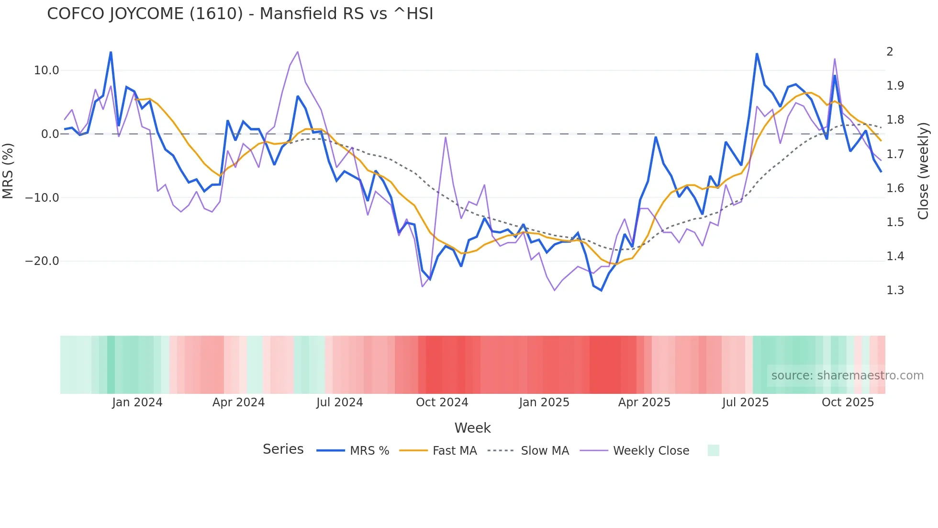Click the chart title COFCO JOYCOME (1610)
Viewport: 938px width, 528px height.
tap(240, 14)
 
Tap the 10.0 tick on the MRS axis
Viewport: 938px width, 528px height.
tap(46, 70)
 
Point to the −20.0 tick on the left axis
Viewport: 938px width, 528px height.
tap(42, 261)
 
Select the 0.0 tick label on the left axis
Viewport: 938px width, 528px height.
tap(50, 134)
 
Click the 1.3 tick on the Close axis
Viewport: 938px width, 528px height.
tap(895, 290)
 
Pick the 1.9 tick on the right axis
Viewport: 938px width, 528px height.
tap(895, 86)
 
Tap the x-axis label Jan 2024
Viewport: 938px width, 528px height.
tap(137, 402)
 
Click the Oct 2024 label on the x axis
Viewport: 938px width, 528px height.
tap(442, 402)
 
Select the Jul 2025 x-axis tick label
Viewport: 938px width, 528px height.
tap(745, 402)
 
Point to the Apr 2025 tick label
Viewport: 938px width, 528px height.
tap(644, 402)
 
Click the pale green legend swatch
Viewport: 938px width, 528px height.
tap(713, 450)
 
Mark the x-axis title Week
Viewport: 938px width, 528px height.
tap(472, 428)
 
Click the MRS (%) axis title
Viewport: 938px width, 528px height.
tap(8, 171)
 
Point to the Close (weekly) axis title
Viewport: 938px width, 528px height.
tap(923, 171)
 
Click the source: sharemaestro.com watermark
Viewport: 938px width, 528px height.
tap(847, 376)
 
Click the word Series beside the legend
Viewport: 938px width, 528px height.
tap(283, 449)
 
